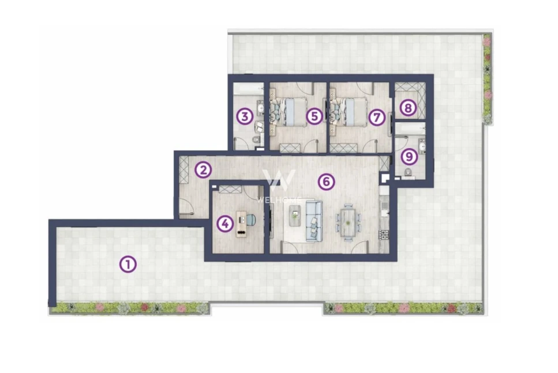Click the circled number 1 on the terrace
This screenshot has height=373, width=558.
pyautogui.click(x=128, y=264)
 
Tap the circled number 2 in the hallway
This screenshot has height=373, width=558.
pyautogui.click(x=203, y=170)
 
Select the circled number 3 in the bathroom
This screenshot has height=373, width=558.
pyautogui.click(x=245, y=116)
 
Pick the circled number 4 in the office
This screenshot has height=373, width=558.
pyautogui.click(x=225, y=224)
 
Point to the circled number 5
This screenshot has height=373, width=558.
pyautogui.click(x=314, y=116)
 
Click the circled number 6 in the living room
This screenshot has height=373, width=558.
pyautogui.click(x=327, y=182)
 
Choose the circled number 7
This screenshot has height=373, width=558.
pyautogui.click(x=377, y=117)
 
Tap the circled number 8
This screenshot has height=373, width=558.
pyautogui.click(x=408, y=107)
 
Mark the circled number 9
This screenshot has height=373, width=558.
pyautogui.click(x=409, y=156)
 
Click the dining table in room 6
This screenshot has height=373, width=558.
pyautogui.click(x=348, y=223)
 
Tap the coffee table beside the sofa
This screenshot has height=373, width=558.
pyautogui.click(x=295, y=214)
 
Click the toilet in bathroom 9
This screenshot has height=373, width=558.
pyautogui.click(x=408, y=173)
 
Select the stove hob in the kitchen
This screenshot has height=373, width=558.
pyautogui.click(x=384, y=234)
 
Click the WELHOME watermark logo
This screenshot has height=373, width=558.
pyautogui.click(x=279, y=186)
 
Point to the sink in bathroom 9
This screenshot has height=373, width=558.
pyautogui.click(x=422, y=146)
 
